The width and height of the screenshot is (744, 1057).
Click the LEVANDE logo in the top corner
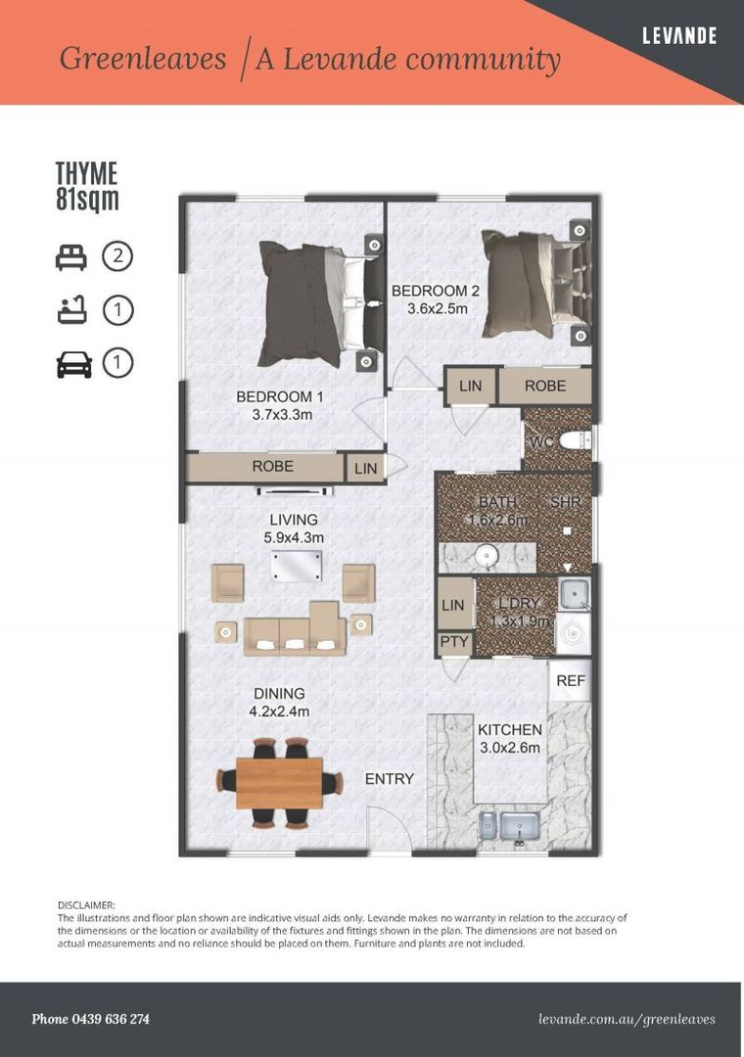(x=679, y=35)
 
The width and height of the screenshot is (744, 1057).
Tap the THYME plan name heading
(x=86, y=173)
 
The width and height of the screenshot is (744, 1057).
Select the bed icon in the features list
(x=70, y=257)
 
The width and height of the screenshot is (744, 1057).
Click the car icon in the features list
(x=73, y=363)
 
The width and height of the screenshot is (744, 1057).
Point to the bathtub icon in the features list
(x=71, y=311)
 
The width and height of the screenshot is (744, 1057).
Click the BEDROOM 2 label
(x=436, y=292)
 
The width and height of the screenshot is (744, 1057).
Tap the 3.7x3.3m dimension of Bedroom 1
(x=282, y=415)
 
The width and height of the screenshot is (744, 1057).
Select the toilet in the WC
(x=575, y=440)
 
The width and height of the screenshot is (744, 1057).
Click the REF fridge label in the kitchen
(x=571, y=681)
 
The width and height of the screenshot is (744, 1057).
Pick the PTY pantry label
(x=454, y=641)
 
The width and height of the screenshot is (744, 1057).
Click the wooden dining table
(x=279, y=783)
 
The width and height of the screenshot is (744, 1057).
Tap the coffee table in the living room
(x=296, y=566)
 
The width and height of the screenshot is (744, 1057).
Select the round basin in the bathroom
(x=486, y=556)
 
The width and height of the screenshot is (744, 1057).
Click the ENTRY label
(x=390, y=779)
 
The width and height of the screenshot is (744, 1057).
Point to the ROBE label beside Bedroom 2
(x=545, y=386)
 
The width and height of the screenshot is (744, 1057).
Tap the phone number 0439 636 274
(x=111, y=1019)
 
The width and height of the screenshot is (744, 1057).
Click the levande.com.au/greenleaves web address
(x=627, y=1019)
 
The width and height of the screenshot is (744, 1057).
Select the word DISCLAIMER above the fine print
(x=86, y=904)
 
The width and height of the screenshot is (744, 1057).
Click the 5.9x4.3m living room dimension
(x=294, y=538)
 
